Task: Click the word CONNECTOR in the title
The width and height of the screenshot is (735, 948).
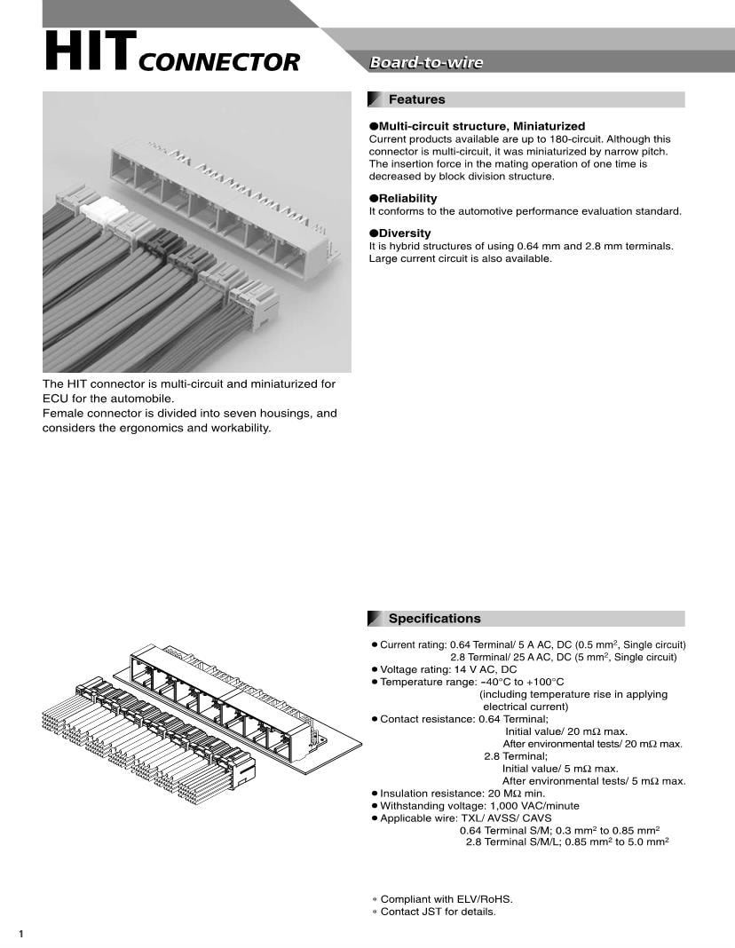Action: click(219, 63)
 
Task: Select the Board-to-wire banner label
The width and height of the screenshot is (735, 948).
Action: click(426, 62)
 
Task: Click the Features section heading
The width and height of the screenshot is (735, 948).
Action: click(416, 99)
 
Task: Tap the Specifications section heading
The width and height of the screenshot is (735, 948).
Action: click(434, 619)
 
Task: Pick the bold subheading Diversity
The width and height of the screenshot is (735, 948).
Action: click(405, 233)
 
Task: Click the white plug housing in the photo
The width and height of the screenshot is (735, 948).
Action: click(104, 210)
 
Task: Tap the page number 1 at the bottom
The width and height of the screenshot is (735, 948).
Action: click(20, 934)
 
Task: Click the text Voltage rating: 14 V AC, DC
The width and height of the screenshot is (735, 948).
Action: click(448, 669)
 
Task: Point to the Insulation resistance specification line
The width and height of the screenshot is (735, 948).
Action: click(462, 794)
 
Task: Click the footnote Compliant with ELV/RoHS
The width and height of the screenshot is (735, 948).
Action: click(447, 899)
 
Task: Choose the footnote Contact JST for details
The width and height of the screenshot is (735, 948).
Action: click(438, 912)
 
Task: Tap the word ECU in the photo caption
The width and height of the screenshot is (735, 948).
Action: click(55, 399)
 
